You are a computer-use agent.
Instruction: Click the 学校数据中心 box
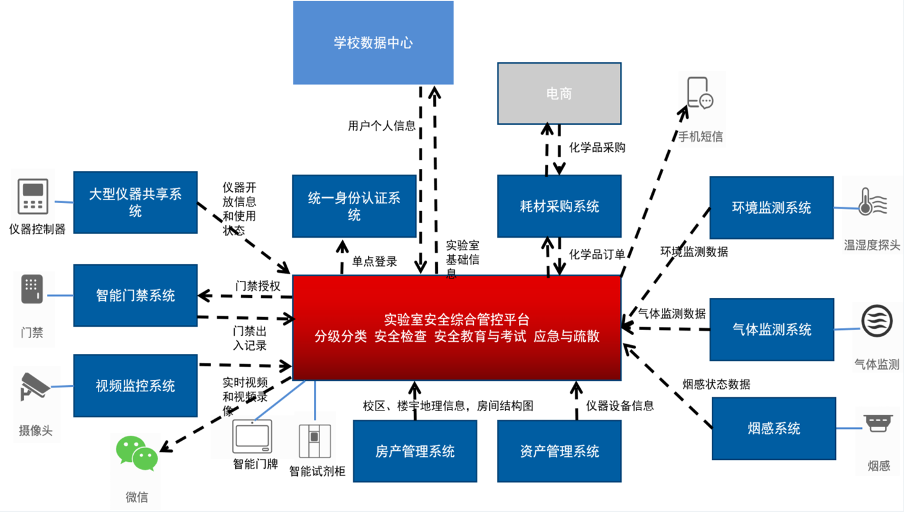(x=373, y=43)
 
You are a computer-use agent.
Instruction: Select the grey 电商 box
(x=559, y=93)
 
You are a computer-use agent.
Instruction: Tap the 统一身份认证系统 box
(x=354, y=206)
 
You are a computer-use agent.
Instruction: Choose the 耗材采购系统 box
(x=559, y=206)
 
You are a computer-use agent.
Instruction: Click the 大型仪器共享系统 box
(x=135, y=202)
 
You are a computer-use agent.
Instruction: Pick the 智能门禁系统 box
(x=135, y=295)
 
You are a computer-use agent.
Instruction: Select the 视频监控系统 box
(x=135, y=386)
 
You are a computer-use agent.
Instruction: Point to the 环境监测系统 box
(x=771, y=207)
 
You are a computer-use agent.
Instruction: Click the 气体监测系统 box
(x=771, y=329)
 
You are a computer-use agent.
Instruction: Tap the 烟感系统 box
(x=774, y=428)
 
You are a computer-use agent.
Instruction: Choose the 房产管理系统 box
(x=415, y=451)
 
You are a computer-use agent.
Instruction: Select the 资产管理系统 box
(x=559, y=451)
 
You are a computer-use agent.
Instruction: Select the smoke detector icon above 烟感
(x=878, y=423)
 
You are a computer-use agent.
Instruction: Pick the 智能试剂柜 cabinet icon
(x=315, y=440)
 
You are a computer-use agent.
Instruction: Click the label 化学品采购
(x=597, y=147)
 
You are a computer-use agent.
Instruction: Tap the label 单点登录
(x=375, y=261)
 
